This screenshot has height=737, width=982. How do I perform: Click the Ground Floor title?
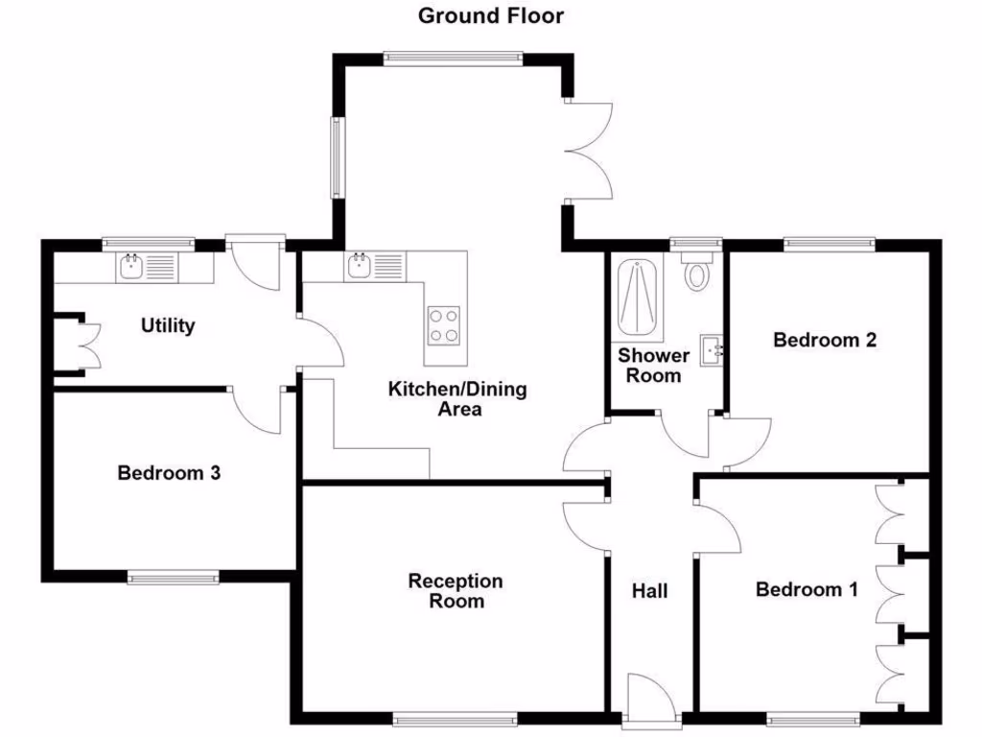[x=491, y=15]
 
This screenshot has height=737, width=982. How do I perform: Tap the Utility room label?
[x=168, y=325]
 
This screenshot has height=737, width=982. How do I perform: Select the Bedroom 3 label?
[x=169, y=473]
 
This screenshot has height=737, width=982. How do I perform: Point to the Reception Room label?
[x=456, y=591]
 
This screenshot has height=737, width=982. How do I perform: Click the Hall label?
[x=649, y=591]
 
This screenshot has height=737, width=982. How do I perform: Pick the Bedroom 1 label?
[x=807, y=589]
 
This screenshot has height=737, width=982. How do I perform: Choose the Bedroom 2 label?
[x=825, y=340]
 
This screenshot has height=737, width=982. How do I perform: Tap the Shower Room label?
[x=653, y=366]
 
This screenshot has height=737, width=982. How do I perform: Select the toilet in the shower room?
[x=696, y=273]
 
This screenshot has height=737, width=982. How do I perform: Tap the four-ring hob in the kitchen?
[x=442, y=324]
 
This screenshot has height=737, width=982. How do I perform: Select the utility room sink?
[x=132, y=266]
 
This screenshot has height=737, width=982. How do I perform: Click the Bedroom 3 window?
[x=174, y=578]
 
